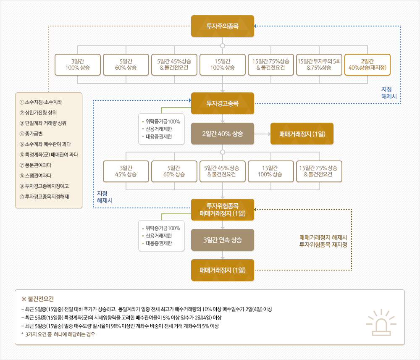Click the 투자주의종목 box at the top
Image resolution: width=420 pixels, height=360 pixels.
point(223,26)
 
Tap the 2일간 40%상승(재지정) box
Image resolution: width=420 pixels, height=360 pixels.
point(367,64)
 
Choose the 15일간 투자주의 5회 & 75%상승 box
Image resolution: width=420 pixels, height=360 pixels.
point(319,64)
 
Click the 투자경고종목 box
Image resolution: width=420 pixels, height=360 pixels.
point(223,103)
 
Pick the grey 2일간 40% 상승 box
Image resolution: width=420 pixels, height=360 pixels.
point(223,134)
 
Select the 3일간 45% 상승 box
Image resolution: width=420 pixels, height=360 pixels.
point(126,171)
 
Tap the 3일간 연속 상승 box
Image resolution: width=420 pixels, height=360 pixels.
point(223,240)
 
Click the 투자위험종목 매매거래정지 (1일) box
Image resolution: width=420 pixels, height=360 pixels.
point(223,210)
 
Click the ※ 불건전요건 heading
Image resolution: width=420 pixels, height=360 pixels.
point(38,299)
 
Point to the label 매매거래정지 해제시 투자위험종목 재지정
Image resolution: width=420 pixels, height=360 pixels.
point(323,241)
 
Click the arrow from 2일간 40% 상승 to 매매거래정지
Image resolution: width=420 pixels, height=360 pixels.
point(262,134)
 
